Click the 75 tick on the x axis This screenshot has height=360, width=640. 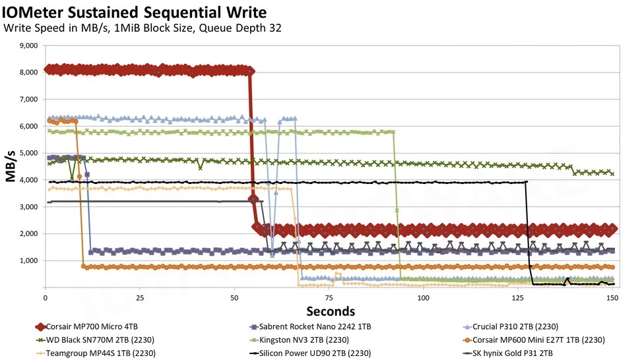pyautogui.click(x=328, y=298)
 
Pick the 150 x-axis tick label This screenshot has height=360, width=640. pyautogui.click(x=612, y=298)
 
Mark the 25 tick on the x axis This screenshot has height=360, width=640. pyautogui.click(x=139, y=298)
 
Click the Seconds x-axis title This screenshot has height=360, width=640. pyautogui.click(x=330, y=311)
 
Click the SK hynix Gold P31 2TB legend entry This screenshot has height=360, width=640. pyautogui.click(x=518, y=353)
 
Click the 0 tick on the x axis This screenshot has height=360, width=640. pyautogui.click(x=45, y=298)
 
